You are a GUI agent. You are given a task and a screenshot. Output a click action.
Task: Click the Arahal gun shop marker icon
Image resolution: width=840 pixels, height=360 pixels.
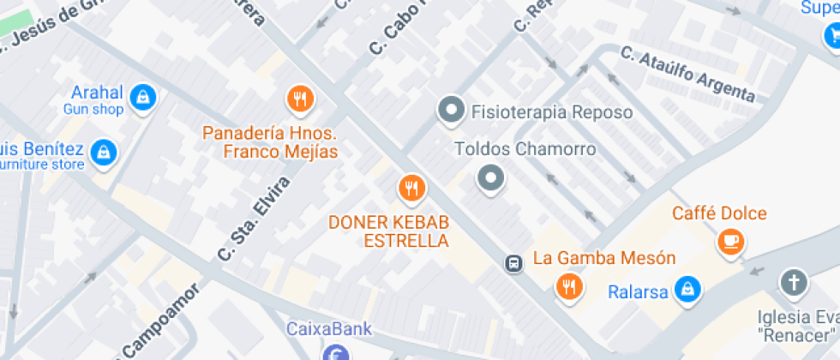[144, 95]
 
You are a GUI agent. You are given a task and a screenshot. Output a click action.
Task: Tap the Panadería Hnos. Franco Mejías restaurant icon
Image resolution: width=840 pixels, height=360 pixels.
[299, 99]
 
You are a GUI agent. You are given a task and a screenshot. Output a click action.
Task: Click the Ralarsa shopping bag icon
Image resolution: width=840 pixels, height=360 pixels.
[687, 291]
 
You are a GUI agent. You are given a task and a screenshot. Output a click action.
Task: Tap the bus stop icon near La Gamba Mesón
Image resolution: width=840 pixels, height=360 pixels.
[513, 263]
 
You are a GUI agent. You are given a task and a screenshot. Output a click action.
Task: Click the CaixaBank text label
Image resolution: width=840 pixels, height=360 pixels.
[328, 328]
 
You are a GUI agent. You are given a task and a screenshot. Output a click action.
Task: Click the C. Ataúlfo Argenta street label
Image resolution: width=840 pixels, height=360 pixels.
[689, 75]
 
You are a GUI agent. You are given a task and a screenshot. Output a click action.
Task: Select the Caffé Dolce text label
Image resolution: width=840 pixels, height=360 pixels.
[719, 213]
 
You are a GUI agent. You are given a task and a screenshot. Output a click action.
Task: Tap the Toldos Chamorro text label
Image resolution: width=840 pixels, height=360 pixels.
[525, 149]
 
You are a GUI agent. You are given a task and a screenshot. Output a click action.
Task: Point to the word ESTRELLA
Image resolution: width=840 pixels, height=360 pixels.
[406, 241]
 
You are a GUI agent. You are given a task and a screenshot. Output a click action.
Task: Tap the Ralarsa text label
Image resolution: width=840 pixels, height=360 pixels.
[638, 292]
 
